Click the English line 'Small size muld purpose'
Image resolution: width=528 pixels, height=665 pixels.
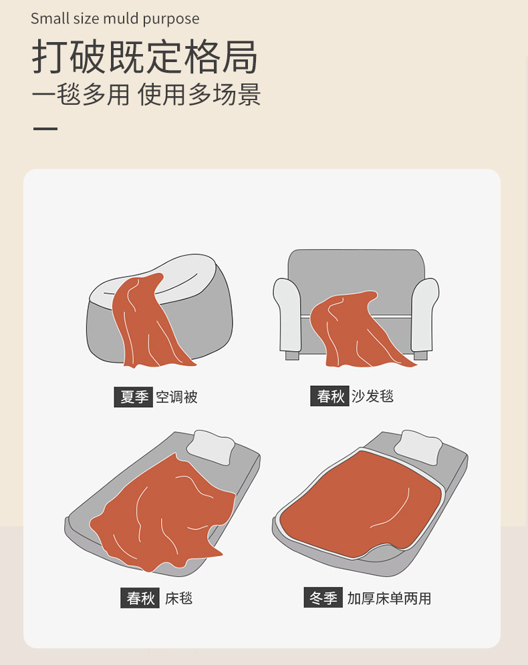tap(115, 19)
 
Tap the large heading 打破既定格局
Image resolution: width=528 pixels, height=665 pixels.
tap(145, 57)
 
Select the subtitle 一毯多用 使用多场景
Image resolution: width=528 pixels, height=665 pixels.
tap(146, 94)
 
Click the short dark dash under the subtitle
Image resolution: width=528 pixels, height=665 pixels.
tap(45, 128)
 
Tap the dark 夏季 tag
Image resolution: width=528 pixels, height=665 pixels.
tap(133, 397)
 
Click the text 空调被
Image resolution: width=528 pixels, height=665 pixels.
tap(176, 397)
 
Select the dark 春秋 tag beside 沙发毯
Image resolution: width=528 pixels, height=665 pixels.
tap(329, 396)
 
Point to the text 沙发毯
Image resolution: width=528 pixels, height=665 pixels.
tap(373, 396)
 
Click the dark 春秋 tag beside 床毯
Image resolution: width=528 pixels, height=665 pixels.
tap(140, 598)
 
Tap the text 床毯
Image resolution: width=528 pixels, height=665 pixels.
tap(178, 598)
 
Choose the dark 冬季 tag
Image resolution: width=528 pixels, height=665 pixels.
tap(323, 598)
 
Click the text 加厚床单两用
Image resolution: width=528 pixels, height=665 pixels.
tap(389, 598)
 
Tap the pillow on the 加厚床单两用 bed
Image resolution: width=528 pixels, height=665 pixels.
tap(418, 447)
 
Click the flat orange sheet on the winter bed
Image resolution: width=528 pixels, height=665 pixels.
tap(361, 503)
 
